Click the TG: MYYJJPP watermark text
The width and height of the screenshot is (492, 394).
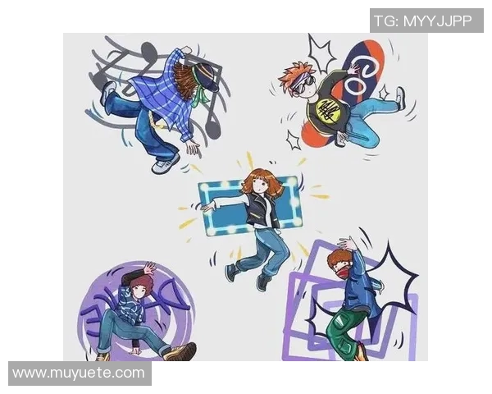(x=422, y=21)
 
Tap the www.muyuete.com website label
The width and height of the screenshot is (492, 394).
(x=79, y=373)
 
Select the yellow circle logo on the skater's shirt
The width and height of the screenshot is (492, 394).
(x=327, y=110)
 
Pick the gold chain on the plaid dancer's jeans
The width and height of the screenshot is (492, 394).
(x=156, y=120)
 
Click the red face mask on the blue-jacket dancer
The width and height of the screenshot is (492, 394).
(x=341, y=271)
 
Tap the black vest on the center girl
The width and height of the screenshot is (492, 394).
(x=262, y=209)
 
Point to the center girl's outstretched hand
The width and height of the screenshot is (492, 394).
(x=208, y=206)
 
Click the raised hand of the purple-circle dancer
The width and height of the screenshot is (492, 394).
(x=149, y=268)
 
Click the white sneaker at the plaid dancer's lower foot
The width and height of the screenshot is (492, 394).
(x=166, y=164)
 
